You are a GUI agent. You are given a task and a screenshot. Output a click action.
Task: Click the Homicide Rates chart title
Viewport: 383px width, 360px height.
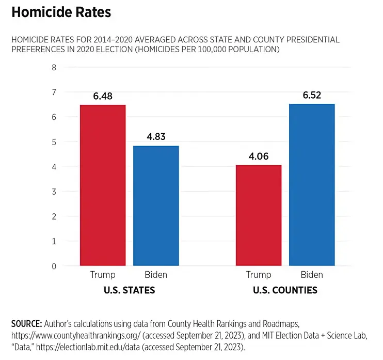[61, 12]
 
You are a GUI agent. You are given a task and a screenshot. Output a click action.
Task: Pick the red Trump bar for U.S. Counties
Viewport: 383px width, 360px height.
[259, 215]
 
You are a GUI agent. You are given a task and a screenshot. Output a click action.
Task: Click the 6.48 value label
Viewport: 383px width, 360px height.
[103, 96]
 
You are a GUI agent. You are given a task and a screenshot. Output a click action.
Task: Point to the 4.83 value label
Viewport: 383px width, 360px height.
[156, 137]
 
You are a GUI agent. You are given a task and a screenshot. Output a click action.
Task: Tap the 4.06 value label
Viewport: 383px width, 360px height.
[259, 156]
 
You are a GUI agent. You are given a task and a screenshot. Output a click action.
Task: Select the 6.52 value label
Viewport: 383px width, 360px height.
[312, 96]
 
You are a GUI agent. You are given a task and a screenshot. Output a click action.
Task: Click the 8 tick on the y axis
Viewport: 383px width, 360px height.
[53, 67]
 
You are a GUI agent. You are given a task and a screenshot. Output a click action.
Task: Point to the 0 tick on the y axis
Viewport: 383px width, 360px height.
[53, 266]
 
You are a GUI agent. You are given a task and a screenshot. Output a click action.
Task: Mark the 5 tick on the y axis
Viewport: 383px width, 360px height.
[53, 142]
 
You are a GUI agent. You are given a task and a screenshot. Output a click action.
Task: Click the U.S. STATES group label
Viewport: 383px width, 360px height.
[130, 290]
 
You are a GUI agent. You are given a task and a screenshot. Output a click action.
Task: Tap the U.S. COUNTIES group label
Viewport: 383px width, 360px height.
[285, 290]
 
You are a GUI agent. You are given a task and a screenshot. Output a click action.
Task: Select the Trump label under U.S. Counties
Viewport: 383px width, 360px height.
[259, 275]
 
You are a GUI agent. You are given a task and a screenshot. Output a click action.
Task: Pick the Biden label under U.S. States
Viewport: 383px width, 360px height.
[156, 275]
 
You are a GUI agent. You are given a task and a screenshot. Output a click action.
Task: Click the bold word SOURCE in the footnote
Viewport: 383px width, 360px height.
[26, 324]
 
